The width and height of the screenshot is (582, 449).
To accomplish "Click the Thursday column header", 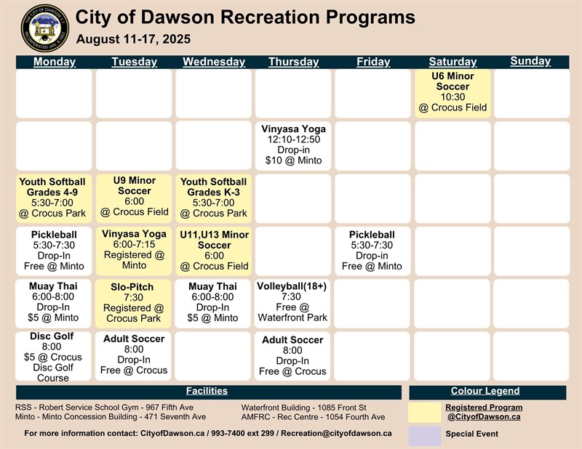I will click(293, 62).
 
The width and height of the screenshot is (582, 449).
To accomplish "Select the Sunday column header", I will click(530, 61).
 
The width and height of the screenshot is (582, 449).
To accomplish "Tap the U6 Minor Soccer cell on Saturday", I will click(453, 92).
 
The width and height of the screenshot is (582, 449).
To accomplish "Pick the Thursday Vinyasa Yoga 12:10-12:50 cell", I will click(293, 145).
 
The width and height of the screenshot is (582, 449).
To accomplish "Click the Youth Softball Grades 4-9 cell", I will click(52, 198).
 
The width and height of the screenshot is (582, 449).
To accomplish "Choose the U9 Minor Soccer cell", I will click(134, 197).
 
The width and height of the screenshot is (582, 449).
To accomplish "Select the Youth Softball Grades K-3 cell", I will click(213, 198).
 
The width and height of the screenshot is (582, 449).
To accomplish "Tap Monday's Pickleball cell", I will click(52, 251).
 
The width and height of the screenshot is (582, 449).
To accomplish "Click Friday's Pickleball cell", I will click(372, 251).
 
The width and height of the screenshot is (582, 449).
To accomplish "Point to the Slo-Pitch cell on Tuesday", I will click(134, 303).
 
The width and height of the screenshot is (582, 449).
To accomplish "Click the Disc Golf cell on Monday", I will click(52, 356).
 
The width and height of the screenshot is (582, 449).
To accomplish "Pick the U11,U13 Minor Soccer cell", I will click(213, 251).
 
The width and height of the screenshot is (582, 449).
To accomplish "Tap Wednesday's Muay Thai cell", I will click(213, 302).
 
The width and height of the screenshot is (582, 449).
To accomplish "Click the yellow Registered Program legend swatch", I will click(424, 413).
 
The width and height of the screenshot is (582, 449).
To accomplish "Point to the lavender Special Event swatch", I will click(424, 434).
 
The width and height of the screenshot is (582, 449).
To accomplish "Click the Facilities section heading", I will click(207, 392).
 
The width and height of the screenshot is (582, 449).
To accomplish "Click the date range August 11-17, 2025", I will click(133, 39).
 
